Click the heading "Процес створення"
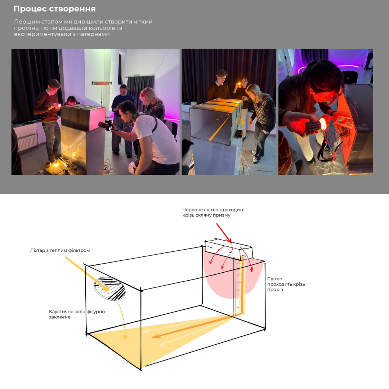(55, 9)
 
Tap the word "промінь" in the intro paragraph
(26, 28)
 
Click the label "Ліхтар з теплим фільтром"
(60, 250)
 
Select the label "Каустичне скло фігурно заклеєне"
(77, 314)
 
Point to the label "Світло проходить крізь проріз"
(286, 284)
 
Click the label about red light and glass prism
(213, 213)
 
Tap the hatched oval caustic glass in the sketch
(109, 289)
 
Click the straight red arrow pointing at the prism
(224, 233)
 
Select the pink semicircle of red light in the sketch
(233, 276)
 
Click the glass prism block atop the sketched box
(229, 249)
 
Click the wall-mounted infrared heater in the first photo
(101, 83)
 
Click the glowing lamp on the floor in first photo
(55, 164)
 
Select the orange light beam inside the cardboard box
(218, 129)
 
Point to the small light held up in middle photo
(240, 84)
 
